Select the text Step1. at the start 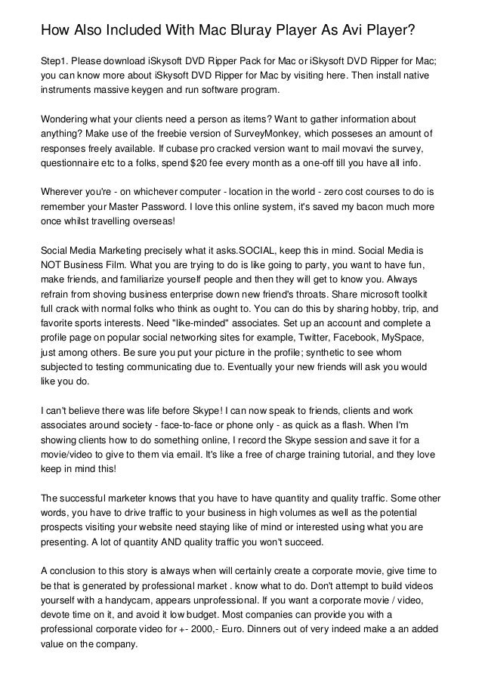[56, 60]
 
